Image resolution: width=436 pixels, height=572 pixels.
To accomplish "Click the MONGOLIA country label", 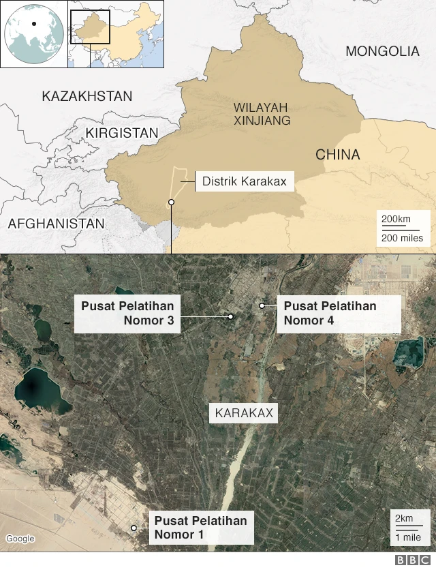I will click(x=382, y=51).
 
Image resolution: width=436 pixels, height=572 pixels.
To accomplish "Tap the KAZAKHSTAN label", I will click(x=87, y=97).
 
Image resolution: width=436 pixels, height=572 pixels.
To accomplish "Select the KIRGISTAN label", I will click(x=122, y=134).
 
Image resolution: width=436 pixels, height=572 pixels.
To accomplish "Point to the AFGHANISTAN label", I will click(x=56, y=224).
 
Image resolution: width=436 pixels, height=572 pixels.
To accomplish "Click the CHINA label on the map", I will click(x=337, y=155).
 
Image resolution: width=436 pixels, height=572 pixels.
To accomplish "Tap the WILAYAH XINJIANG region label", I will click(x=262, y=114).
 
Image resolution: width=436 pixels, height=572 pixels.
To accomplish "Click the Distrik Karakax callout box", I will click(x=245, y=181).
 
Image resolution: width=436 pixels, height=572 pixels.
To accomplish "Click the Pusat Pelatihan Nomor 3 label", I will click(x=127, y=314).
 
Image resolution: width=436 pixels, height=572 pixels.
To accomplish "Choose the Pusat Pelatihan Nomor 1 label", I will click(x=200, y=528).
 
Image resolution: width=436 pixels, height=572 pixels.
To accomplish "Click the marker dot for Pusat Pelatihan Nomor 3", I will click(x=231, y=316).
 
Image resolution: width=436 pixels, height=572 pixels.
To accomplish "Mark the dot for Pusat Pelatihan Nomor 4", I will click(x=262, y=305).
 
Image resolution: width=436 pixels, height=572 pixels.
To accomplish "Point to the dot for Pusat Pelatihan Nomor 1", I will click(x=134, y=528).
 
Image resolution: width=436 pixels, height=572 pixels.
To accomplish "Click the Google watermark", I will click(x=20, y=539).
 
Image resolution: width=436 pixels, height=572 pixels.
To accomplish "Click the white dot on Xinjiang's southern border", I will click(x=171, y=202).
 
